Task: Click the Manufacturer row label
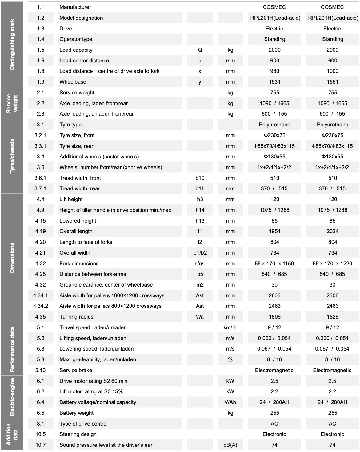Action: pyautogui.click(x=75, y=7)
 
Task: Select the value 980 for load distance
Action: pyautogui.click(x=274, y=71)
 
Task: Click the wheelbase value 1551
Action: pyautogui.click(x=332, y=82)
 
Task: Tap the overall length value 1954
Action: pyautogui.click(x=274, y=231)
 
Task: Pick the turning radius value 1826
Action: pyautogui.click(x=332, y=317)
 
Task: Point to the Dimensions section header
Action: pyautogui.click(x=12, y=258)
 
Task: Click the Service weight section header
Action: pyautogui.click(x=12, y=103)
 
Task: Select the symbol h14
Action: pyautogui.click(x=200, y=210)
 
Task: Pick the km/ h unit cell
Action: pyautogui.click(x=230, y=327)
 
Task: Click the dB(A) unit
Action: pyautogui.click(x=230, y=445)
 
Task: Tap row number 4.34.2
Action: pyautogui.click(x=41, y=306)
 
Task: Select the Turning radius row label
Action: pyautogui.click(x=76, y=317)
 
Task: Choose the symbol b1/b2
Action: pyautogui.click(x=200, y=253)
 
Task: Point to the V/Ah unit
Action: pyautogui.click(x=230, y=402)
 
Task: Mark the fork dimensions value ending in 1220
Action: pyautogui.click(x=332, y=264)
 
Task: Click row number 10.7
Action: pyautogui.click(x=41, y=445)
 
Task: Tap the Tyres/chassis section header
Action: pyautogui.click(x=12, y=156)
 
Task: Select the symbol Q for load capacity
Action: pyautogui.click(x=200, y=50)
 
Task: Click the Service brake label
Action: pyautogui.click(x=76, y=370)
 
